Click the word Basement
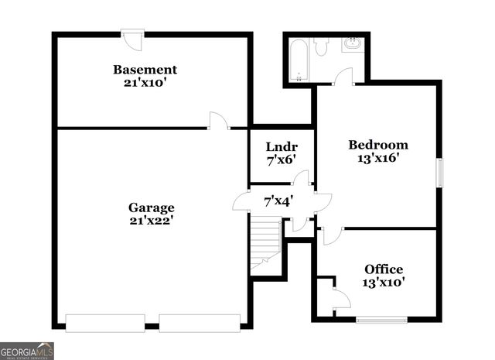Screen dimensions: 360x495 pyautogui.click(x=145, y=69)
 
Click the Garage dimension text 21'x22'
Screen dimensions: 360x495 pyautogui.click(x=151, y=220)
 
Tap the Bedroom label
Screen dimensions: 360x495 pyautogui.click(x=377, y=145)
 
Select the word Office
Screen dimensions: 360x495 pyautogui.click(x=384, y=269)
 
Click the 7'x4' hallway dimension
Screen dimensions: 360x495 pyautogui.click(x=278, y=201)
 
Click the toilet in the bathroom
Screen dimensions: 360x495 pyautogui.click(x=322, y=46)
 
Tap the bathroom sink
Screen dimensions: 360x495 pyautogui.click(x=353, y=43)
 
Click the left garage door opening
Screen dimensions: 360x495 pyautogui.click(x=104, y=322)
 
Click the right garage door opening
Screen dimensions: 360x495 pyautogui.click(x=200, y=322)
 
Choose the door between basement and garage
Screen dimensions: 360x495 pyautogui.click(x=219, y=122)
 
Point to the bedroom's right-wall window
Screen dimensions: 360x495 pyautogui.click(x=439, y=172)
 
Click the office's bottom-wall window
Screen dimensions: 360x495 pyautogui.click(x=381, y=319)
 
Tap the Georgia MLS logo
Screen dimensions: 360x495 pyautogui.click(x=27, y=351)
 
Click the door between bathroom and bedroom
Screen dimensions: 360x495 pyautogui.click(x=343, y=77)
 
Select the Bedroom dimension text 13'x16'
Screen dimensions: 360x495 pyautogui.click(x=377, y=159)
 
